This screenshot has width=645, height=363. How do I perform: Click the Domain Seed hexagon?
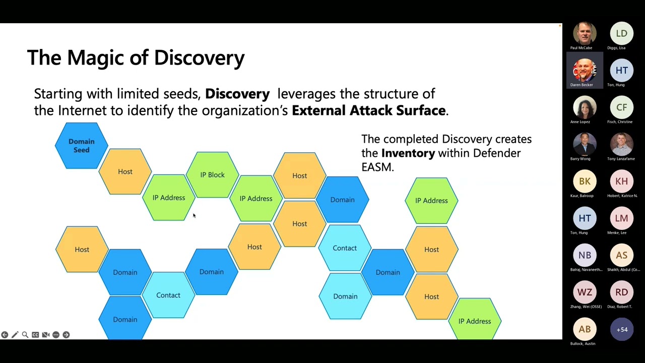pyautogui.click(x=81, y=146)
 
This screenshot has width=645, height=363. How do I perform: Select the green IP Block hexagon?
pyautogui.click(x=212, y=175)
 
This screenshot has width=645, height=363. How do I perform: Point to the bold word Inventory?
pyautogui.click(x=408, y=153)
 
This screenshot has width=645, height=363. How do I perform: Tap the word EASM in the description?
pyautogui.click(x=377, y=167)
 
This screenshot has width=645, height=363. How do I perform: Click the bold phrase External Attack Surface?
pyautogui.click(x=369, y=110)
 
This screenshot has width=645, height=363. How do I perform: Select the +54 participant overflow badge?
pyautogui.click(x=622, y=330)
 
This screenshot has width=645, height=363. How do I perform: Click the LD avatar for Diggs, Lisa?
pyautogui.click(x=622, y=34)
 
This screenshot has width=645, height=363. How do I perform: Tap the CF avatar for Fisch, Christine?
pyautogui.click(x=622, y=107)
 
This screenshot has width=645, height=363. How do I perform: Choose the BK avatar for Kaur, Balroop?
pyautogui.click(x=585, y=181)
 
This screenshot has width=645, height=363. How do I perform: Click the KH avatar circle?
pyautogui.click(x=622, y=181)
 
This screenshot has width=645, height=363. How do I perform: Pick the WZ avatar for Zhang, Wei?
pyautogui.click(x=585, y=292)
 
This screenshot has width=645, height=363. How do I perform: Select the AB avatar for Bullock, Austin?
pyautogui.click(x=585, y=329)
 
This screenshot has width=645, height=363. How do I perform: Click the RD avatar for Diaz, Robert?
pyautogui.click(x=622, y=292)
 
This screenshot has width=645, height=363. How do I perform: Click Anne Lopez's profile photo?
pyautogui.click(x=585, y=107)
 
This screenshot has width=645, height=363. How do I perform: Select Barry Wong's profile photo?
pyautogui.click(x=585, y=145)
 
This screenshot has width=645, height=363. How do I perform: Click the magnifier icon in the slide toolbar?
pyautogui.click(x=25, y=335)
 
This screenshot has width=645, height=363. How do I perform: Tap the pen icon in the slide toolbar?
pyautogui.click(x=15, y=335)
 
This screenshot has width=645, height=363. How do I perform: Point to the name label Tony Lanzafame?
pyautogui.click(x=621, y=159)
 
